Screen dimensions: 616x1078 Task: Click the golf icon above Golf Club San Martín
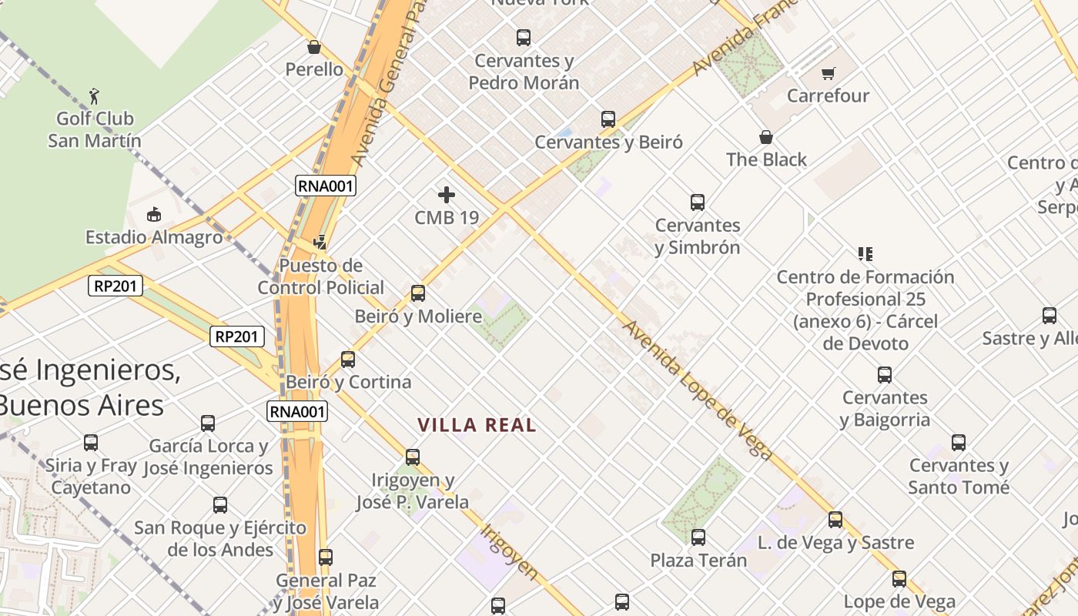coord(95,96)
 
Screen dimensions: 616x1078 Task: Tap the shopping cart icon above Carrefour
coord(829,74)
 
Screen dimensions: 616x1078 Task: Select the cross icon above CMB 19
coord(447,195)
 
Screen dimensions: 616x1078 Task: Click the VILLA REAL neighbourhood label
coord(477,425)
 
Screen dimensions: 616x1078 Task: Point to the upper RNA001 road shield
coord(326,186)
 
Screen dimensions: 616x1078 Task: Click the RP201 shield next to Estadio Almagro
coord(115,286)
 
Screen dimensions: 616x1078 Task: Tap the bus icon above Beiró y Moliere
coord(418,293)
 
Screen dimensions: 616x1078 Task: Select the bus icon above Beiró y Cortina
coord(348,360)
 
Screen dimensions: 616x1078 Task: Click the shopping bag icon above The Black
coord(766,138)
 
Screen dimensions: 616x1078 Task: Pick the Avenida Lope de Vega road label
coord(697,390)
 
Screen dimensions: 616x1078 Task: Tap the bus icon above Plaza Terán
coord(698,537)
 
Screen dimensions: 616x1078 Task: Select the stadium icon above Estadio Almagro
coord(154,214)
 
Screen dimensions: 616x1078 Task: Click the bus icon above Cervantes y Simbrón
coord(698,203)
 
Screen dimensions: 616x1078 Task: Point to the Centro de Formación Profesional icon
coord(865,254)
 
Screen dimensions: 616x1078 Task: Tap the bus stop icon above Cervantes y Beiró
coord(608,119)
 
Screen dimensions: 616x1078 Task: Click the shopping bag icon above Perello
coord(314,47)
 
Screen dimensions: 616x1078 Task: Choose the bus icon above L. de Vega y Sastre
coord(835,520)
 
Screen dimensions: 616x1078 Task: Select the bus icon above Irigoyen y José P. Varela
coord(413,457)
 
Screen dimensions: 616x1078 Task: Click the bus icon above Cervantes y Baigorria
coord(885,375)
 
